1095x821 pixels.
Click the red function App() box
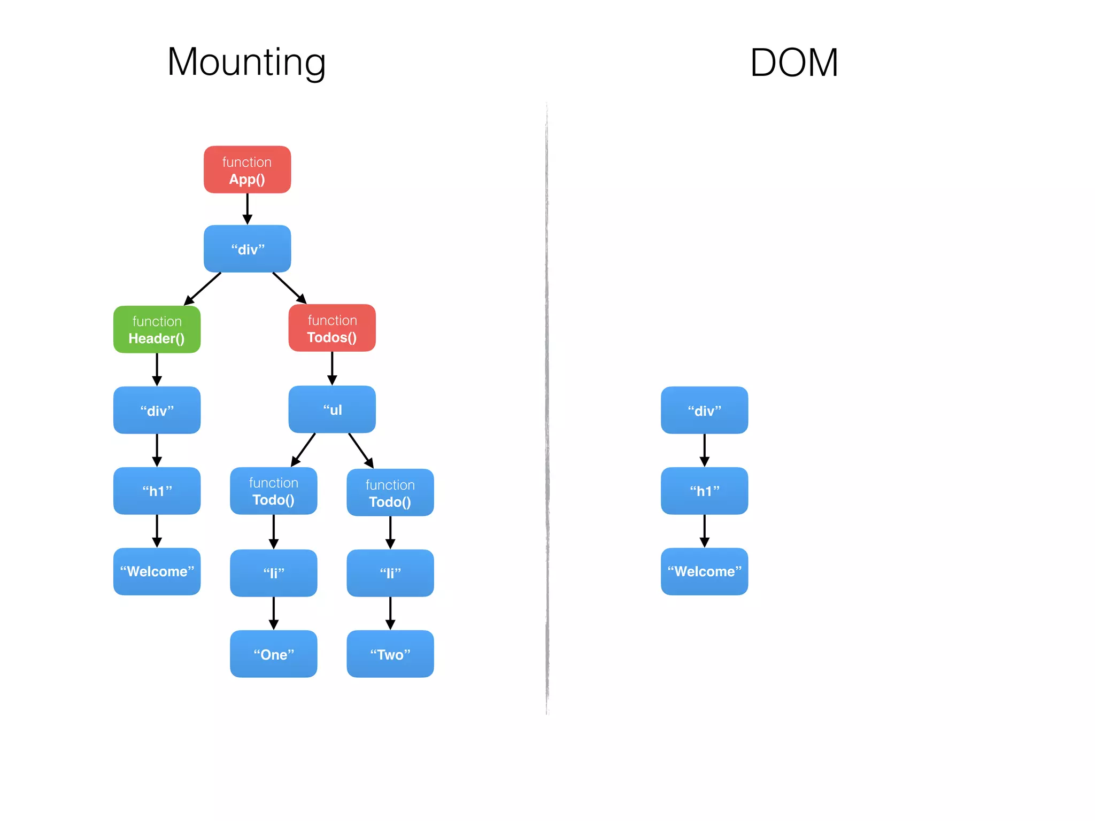coord(247,169)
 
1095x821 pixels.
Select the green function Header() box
coord(157,329)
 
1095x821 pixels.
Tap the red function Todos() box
coord(332,328)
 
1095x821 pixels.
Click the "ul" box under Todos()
coord(332,409)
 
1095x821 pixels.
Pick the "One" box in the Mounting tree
coord(273,654)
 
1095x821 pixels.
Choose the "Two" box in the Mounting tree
coord(390,654)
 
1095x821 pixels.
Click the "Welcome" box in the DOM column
coord(704,571)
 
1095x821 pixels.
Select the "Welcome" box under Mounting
coord(157,571)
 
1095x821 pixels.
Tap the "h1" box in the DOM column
coord(704,491)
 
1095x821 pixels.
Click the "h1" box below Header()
coord(157,491)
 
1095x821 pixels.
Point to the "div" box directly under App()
coord(247,249)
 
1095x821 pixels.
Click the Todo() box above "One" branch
coord(273,491)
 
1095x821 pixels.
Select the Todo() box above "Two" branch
coord(390,492)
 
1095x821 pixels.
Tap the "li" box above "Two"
coord(390,573)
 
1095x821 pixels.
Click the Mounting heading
coord(246,63)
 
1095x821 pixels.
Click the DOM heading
coord(794,63)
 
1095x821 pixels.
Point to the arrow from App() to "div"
coord(247,208)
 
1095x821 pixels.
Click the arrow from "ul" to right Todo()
coord(360,450)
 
